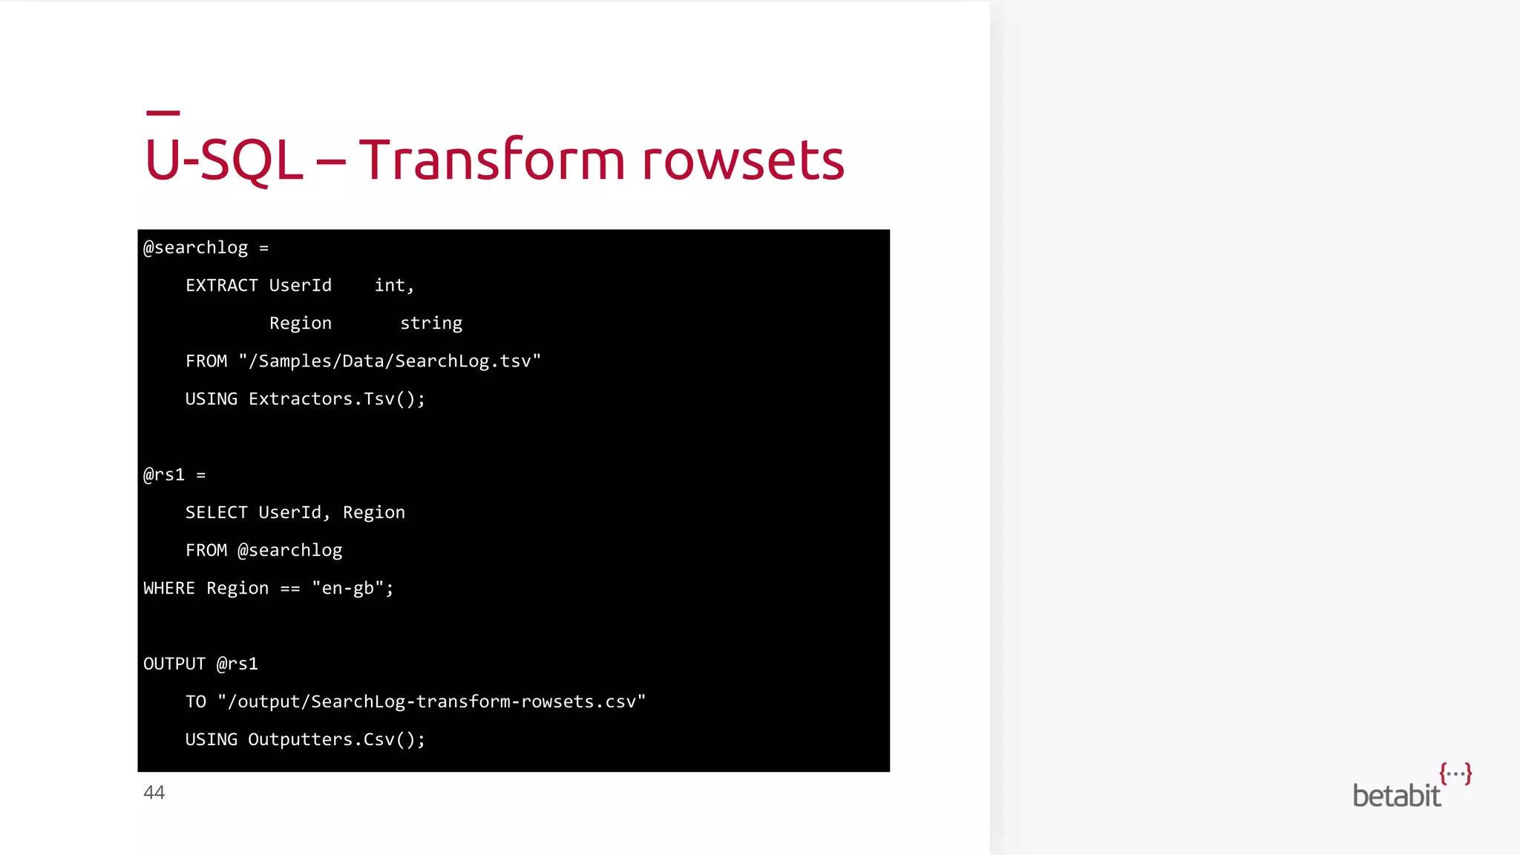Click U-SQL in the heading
(223, 160)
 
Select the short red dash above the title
(163, 113)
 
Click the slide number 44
(154, 793)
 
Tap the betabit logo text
(1396, 796)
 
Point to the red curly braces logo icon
(1455, 773)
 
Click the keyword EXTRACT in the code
(221, 286)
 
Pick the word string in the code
(431, 324)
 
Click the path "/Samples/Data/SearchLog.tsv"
(390, 361)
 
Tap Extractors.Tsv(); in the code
(337, 399)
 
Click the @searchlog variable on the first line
(195, 248)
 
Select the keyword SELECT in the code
(216, 513)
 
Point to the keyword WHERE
(169, 589)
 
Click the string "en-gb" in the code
(347, 589)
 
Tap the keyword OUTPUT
(174, 664)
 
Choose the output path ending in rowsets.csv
(431, 702)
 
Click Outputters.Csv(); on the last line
(336, 740)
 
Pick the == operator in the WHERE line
(290, 589)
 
